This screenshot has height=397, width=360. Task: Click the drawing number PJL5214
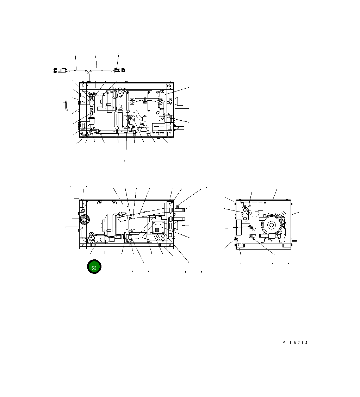[294, 342]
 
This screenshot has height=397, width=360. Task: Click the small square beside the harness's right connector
[123, 70]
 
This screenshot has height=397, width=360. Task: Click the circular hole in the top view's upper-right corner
[170, 86]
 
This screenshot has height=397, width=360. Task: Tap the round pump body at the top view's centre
[130, 119]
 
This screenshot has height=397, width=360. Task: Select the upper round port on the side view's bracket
[245, 210]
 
